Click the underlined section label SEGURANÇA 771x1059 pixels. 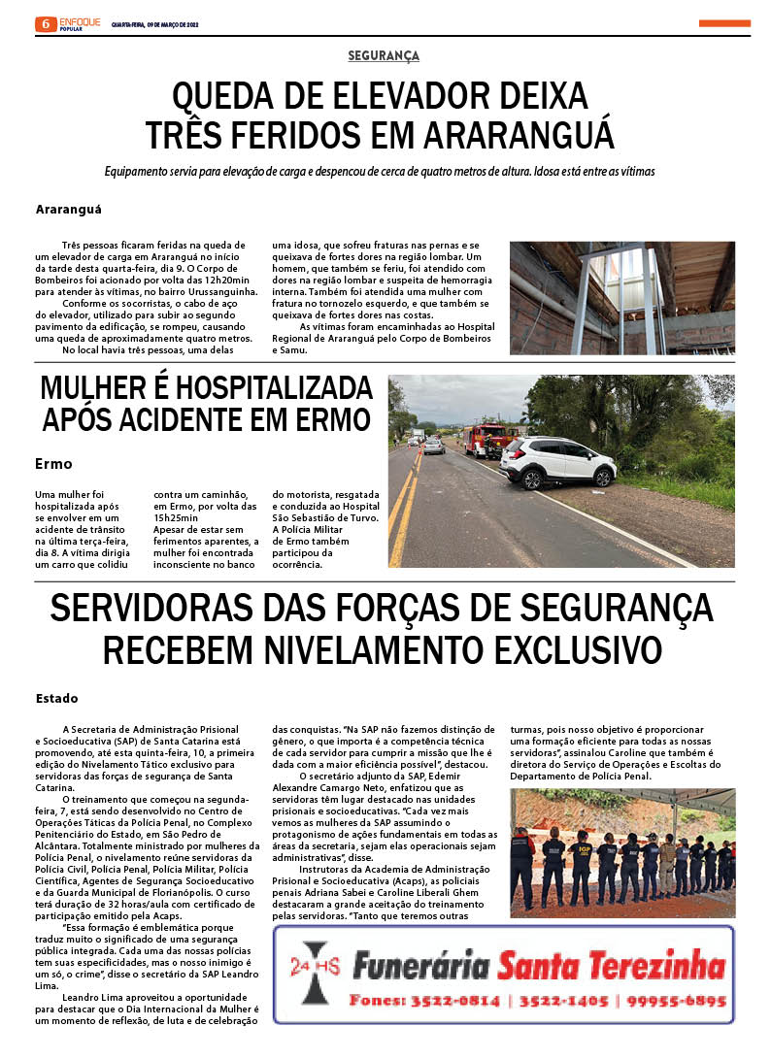[x=384, y=56]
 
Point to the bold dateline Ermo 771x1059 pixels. [x=53, y=464]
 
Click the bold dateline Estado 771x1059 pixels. [x=57, y=698]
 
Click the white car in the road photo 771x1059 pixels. [x=556, y=461]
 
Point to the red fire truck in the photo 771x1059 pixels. [x=485, y=440]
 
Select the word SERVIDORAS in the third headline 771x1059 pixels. [x=166, y=609]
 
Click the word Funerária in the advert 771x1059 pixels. [x=419, y=965]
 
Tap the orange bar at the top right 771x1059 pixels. [x=723, y=23]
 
